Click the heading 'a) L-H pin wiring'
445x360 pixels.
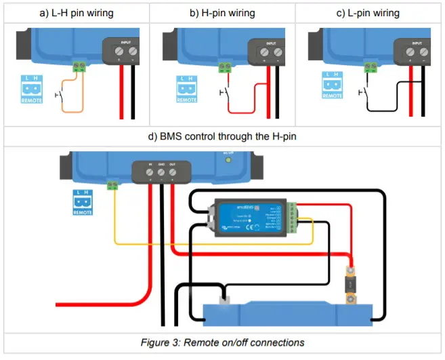tap(77, 13)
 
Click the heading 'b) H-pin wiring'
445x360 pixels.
tap(221, 13)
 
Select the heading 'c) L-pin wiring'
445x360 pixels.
tap(369, 13)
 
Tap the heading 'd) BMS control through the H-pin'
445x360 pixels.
tap(221, 136)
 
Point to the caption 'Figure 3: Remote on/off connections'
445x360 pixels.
tap(221, 342)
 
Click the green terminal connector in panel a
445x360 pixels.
tap(83, 66)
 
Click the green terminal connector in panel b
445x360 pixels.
tap(225, 66)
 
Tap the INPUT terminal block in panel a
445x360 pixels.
tap(124, 50)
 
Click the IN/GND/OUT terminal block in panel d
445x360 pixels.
tap(161, 172)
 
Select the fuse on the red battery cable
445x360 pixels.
tap(349, 285)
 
